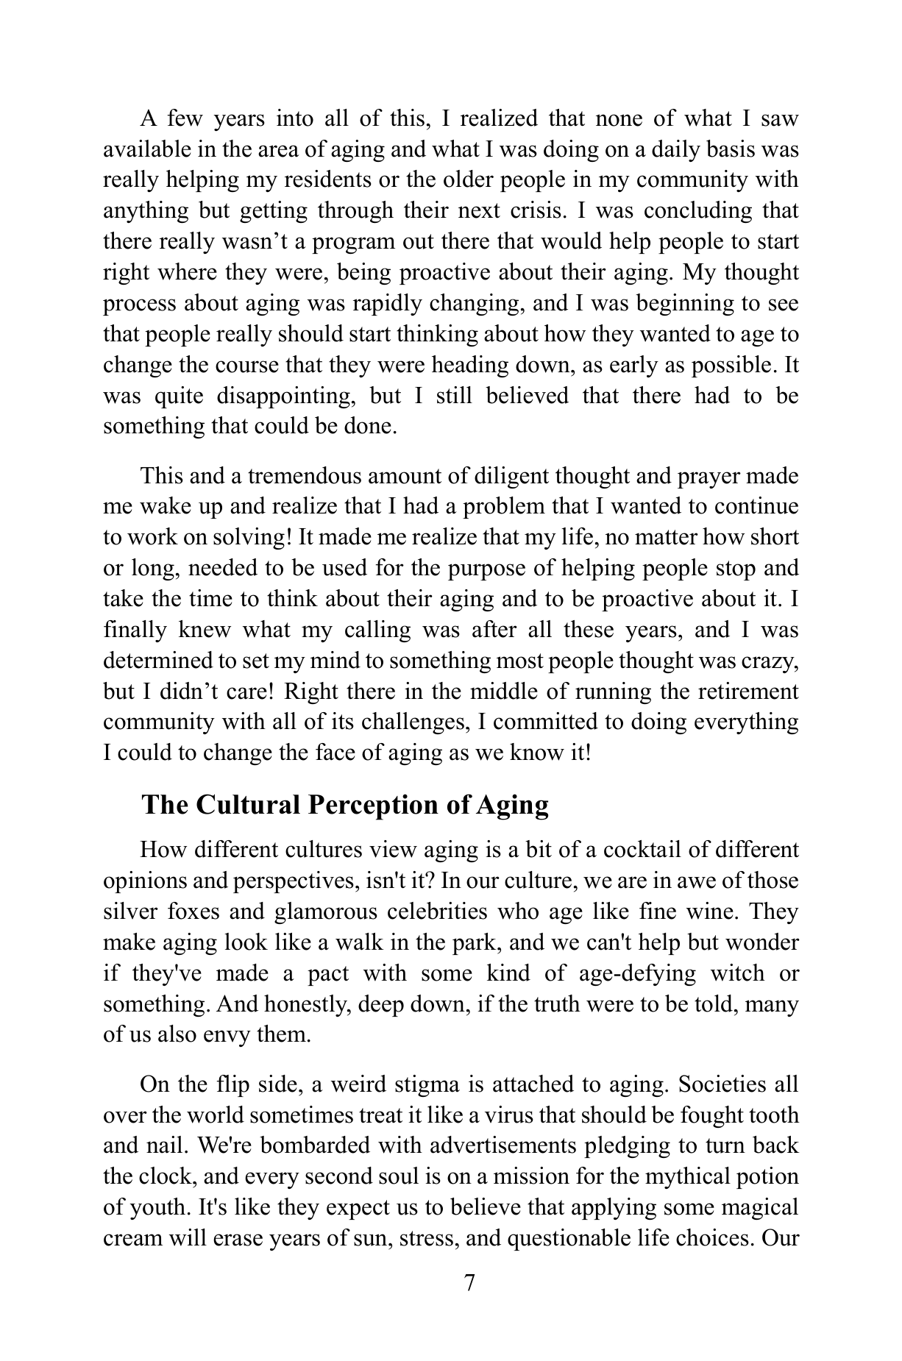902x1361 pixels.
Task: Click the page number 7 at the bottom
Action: point(470,1283)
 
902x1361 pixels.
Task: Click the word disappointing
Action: point(287,396)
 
